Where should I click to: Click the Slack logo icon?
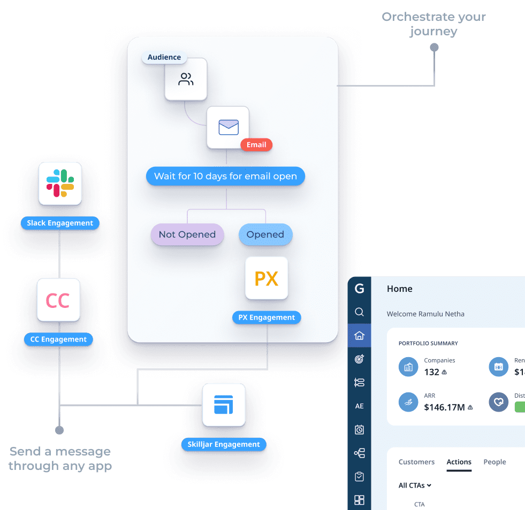pos(60,183)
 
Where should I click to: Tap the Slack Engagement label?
pos(60,223)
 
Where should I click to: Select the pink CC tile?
pos(58,300)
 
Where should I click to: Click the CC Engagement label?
pos(58,339)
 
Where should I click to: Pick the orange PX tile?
pos(267,279)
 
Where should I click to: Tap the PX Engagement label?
pos(267,318)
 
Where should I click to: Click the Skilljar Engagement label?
pos(224,444)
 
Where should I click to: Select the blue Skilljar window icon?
pos(224,405)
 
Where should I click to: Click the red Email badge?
pos(256,144)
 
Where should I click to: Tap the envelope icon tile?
pos(229,127)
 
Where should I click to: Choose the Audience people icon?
pos(186,80)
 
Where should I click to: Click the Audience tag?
pos(164,58)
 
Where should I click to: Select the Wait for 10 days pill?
pos(225,176)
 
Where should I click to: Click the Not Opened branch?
pos(187,235)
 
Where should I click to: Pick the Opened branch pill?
pos(265,235)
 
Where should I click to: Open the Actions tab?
pos(459,462)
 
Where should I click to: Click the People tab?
pos(494,462)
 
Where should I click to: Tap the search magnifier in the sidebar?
pos(360,312)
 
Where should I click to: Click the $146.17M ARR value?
pos(444,407)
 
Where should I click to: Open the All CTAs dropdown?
pos(415,486)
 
